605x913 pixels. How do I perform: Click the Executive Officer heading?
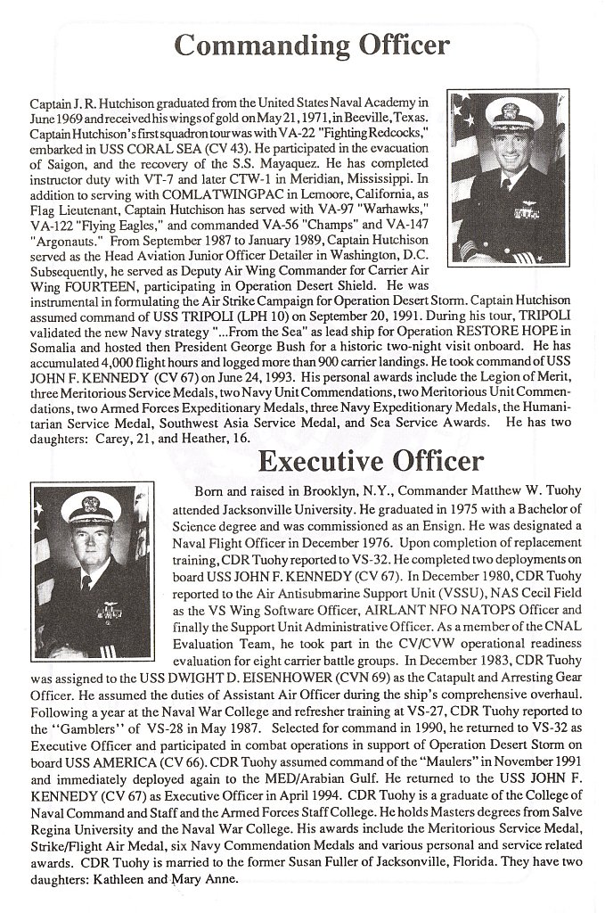pos(371,460)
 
